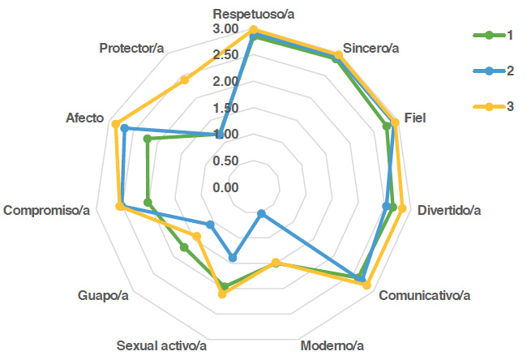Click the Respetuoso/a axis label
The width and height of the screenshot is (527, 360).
tap(253, 15)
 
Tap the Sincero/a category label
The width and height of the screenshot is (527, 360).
tap(371, 48)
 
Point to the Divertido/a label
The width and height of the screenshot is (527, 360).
tap(449, 211)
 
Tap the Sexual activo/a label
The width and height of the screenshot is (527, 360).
tap(162, 346)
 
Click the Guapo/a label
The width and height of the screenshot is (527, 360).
tap(104, 294)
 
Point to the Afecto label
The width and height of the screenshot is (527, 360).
tap(85, 118)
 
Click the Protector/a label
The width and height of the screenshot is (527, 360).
tap(132, 48)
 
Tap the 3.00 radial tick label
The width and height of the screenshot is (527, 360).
tap(226, 29)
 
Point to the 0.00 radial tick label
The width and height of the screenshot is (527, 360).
tap(226, 188)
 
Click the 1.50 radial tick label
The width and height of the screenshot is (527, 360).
tap(226, 109)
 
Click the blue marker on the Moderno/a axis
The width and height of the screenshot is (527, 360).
tap(260, 214)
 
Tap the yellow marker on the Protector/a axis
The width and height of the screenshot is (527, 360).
tap(185, 79)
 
